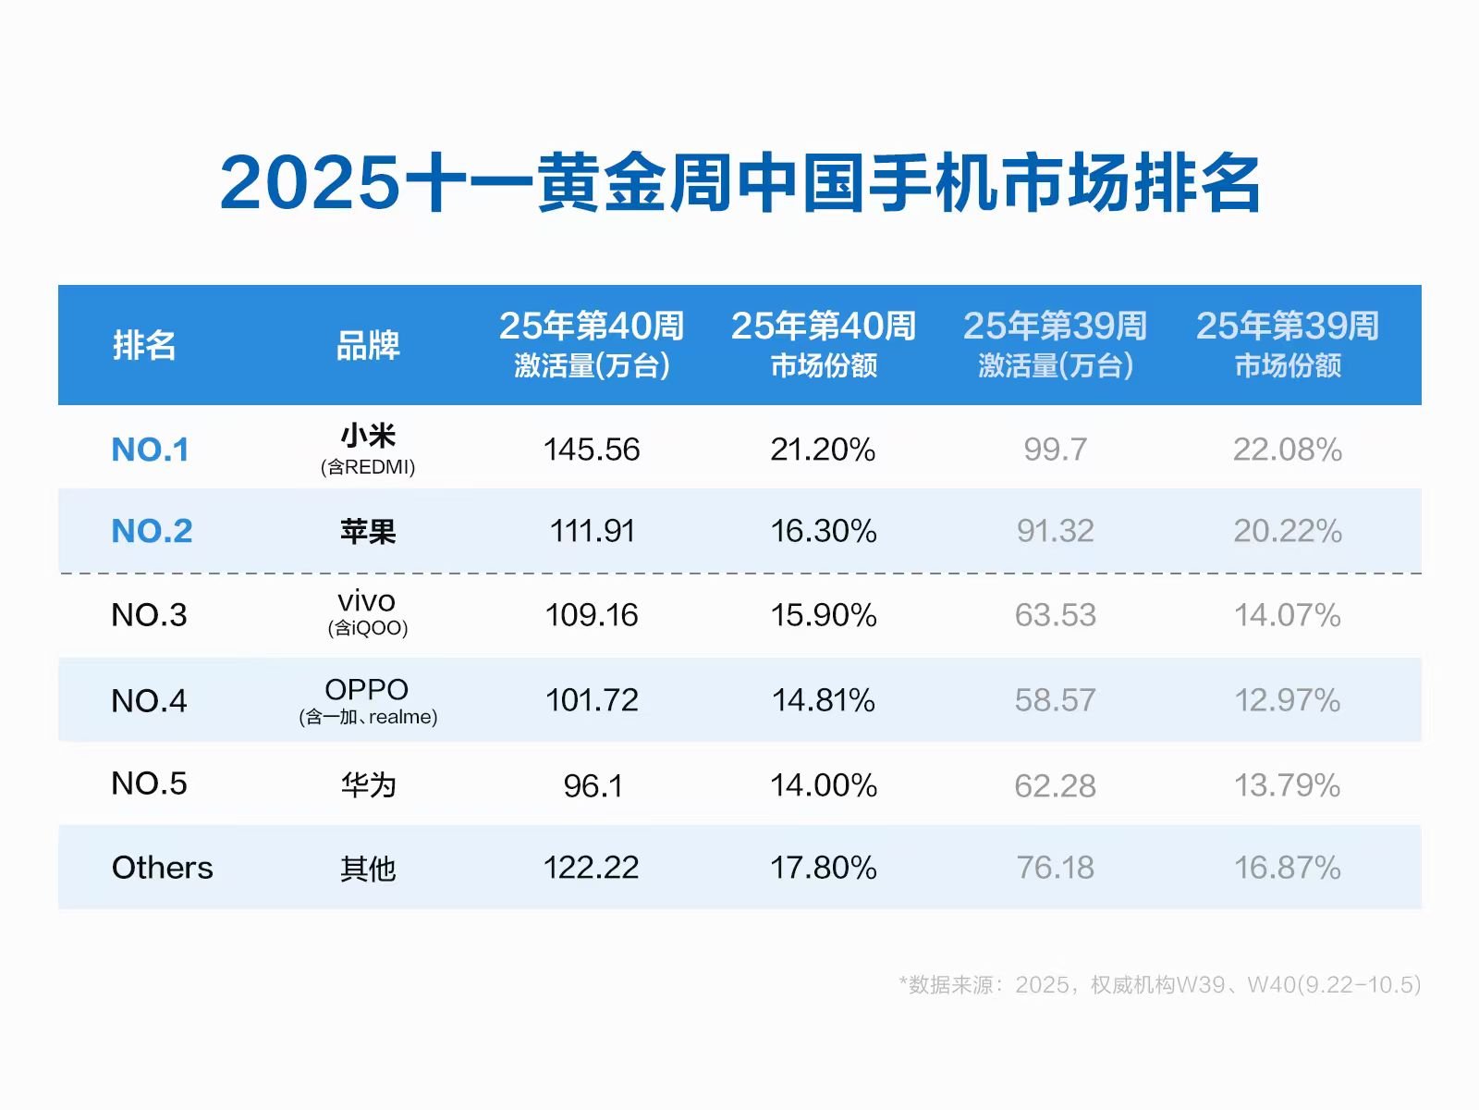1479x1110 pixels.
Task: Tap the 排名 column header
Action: coord(144,345)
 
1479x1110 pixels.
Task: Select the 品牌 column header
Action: coord(367,345)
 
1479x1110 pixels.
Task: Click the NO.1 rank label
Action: coord(150,450)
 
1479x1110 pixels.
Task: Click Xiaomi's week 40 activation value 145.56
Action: coord(592,450)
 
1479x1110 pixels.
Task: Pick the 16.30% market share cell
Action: coord(823,531)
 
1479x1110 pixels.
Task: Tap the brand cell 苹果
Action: coord(368,531)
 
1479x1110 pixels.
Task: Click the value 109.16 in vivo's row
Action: coord(592,615)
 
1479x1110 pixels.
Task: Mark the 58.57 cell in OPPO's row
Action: coord(1055,700)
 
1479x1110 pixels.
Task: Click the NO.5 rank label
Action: coord(149,783)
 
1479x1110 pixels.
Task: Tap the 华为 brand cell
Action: coord(368,785)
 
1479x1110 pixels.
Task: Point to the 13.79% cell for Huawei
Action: coord(1287,785)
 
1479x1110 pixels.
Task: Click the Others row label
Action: coord(162,868)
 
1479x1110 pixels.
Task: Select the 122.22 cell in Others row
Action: coord(592,868)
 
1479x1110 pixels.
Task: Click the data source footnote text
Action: coord(1159,984)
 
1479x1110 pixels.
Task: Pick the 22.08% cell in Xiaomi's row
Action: coord(1287,450)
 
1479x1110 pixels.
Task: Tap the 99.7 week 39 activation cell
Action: coord(1055,450)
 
